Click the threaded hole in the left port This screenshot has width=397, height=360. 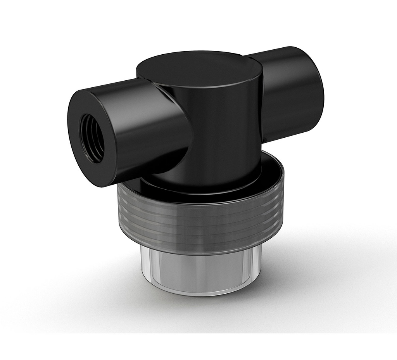[92, 138]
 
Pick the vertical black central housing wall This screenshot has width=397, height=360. [225, 132]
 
